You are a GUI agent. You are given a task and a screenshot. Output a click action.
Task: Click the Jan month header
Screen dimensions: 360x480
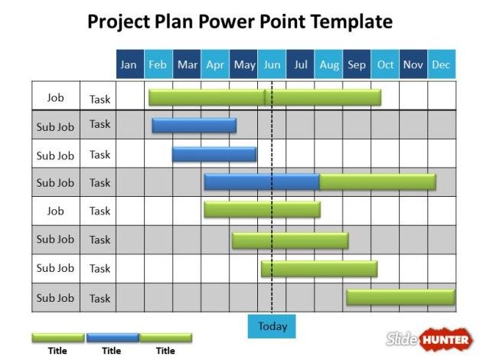coord(129,64)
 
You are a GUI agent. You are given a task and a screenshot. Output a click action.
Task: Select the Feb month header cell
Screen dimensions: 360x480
coord(158,64)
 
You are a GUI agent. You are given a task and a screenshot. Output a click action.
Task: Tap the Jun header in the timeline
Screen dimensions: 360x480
coord(272,64)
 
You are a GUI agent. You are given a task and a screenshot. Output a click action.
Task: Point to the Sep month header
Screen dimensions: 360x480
coord(357,64)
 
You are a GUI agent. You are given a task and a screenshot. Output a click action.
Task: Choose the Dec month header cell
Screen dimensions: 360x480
coord(441,64)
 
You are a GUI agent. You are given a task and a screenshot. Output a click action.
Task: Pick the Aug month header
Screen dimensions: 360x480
coord(328,64)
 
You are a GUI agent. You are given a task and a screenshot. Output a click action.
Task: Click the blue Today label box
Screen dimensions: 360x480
coord(272,326)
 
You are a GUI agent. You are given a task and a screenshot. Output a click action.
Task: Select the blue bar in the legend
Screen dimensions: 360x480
coord(113,337)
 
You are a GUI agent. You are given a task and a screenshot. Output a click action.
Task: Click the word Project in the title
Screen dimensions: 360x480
coord(118,21)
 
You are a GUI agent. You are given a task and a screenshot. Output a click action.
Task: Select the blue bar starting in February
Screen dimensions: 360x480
coord(194,126)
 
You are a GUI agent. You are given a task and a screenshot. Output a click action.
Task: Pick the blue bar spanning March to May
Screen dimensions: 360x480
coord(214,154)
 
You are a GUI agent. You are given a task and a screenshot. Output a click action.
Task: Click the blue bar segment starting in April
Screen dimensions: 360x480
coord(261,182)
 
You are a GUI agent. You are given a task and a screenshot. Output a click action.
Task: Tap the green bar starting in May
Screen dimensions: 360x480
coord(289,240)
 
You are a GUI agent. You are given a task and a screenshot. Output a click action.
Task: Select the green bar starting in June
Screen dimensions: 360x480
coord(318,268)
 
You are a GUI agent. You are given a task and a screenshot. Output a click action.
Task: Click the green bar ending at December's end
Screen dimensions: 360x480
coord(400,296)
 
